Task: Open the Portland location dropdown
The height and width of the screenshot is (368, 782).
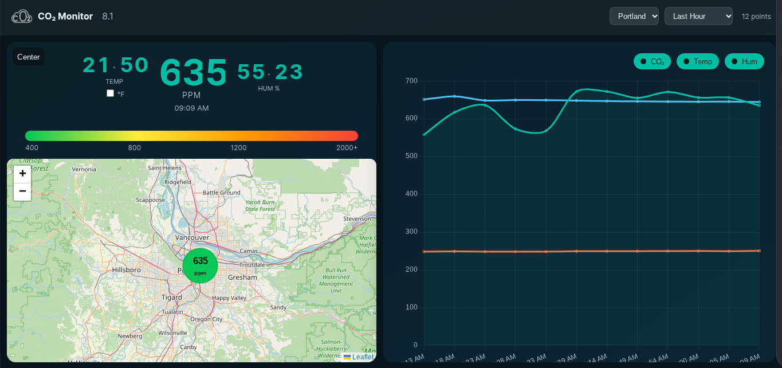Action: (x=634, y=16)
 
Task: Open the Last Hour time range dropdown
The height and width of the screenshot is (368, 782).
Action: (x=698, y=16)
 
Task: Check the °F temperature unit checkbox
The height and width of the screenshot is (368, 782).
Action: (x=111, y=93)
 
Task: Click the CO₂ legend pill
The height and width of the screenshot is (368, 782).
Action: (x=652, y=61)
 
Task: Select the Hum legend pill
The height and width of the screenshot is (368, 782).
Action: (x=744, y=61)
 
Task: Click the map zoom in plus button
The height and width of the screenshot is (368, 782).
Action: (x=22, y=174)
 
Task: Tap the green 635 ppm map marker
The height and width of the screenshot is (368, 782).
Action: (x=201, y=265)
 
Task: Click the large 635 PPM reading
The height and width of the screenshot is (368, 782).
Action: (x=193, y=73)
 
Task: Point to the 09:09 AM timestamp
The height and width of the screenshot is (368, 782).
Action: (x=191, y=108)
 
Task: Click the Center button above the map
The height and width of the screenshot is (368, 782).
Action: (x=29, y=57)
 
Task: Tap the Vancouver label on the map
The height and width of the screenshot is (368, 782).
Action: (x=192, y=237)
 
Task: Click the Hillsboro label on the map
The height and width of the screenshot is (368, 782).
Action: (x=127, y=269)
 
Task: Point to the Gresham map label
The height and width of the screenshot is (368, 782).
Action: (x=242, y=277)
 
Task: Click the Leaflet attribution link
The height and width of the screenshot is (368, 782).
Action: (x=362, y=357)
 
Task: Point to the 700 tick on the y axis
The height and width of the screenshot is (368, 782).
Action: (x=411, y=81)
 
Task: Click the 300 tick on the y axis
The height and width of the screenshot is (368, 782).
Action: (x=411, y=232)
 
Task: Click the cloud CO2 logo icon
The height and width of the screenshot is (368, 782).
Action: (x=22, y=17)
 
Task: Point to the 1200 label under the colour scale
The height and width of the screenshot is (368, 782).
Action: (x=238, y=148)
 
